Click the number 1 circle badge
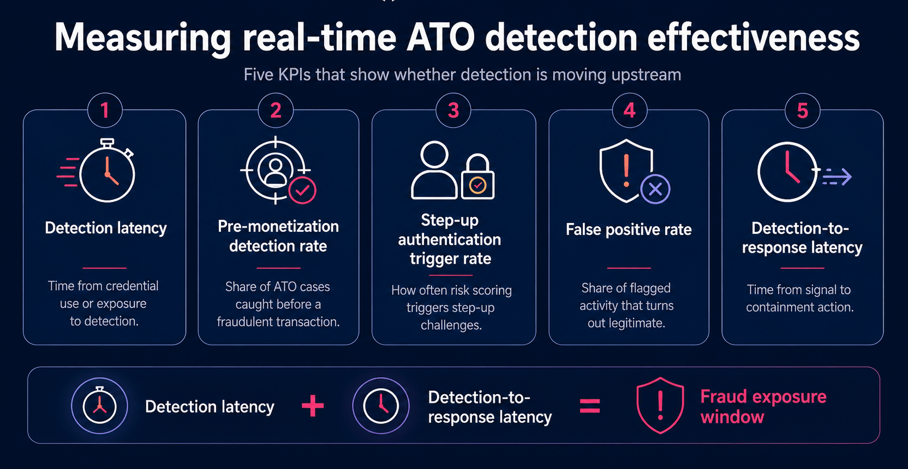(x=105, y=110)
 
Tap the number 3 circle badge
(x=453, y=110)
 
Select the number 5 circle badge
(x=802, y=111)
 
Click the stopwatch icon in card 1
(x=107, y=170)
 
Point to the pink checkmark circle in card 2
(x=302, y=190)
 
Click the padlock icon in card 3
(x=478, y=176)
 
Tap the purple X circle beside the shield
(x=655, y=189)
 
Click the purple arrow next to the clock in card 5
(x=837, y=177)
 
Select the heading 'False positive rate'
(x=629, y=230)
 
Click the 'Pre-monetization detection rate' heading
(x=278, y=236)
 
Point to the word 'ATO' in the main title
(x=440, y=37)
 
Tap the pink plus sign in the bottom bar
(x=313, y=406)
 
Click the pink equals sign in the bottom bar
(x=590, y=406)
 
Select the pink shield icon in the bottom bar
(x=660, y=405)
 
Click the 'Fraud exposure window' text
(x=764, y=406)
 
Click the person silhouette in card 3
(x=434, y=170)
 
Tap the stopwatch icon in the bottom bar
(x=99, y=405)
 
